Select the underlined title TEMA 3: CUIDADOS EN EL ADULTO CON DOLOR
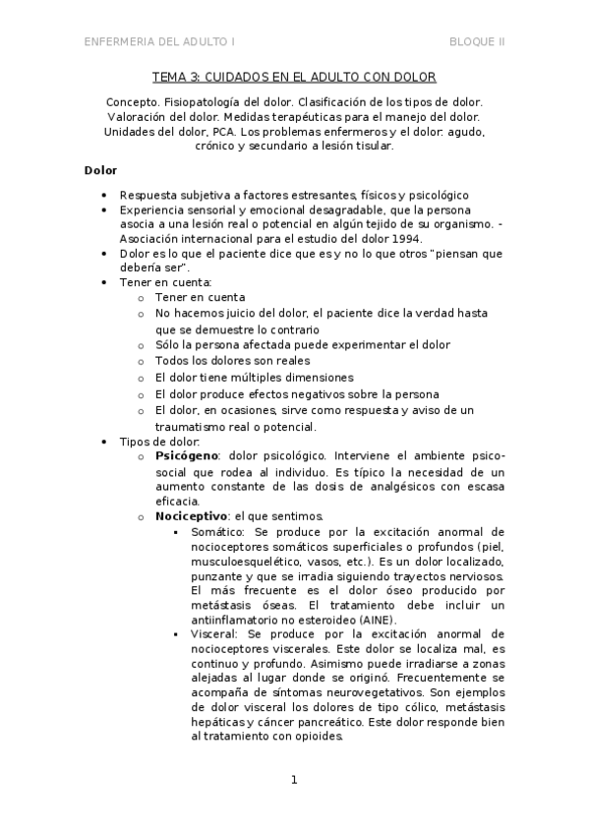coord(294,77)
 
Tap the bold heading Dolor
coord(100,170)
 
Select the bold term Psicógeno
coord(187,457)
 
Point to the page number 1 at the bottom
coord(293,781)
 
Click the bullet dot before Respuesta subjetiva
coord(104,195)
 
